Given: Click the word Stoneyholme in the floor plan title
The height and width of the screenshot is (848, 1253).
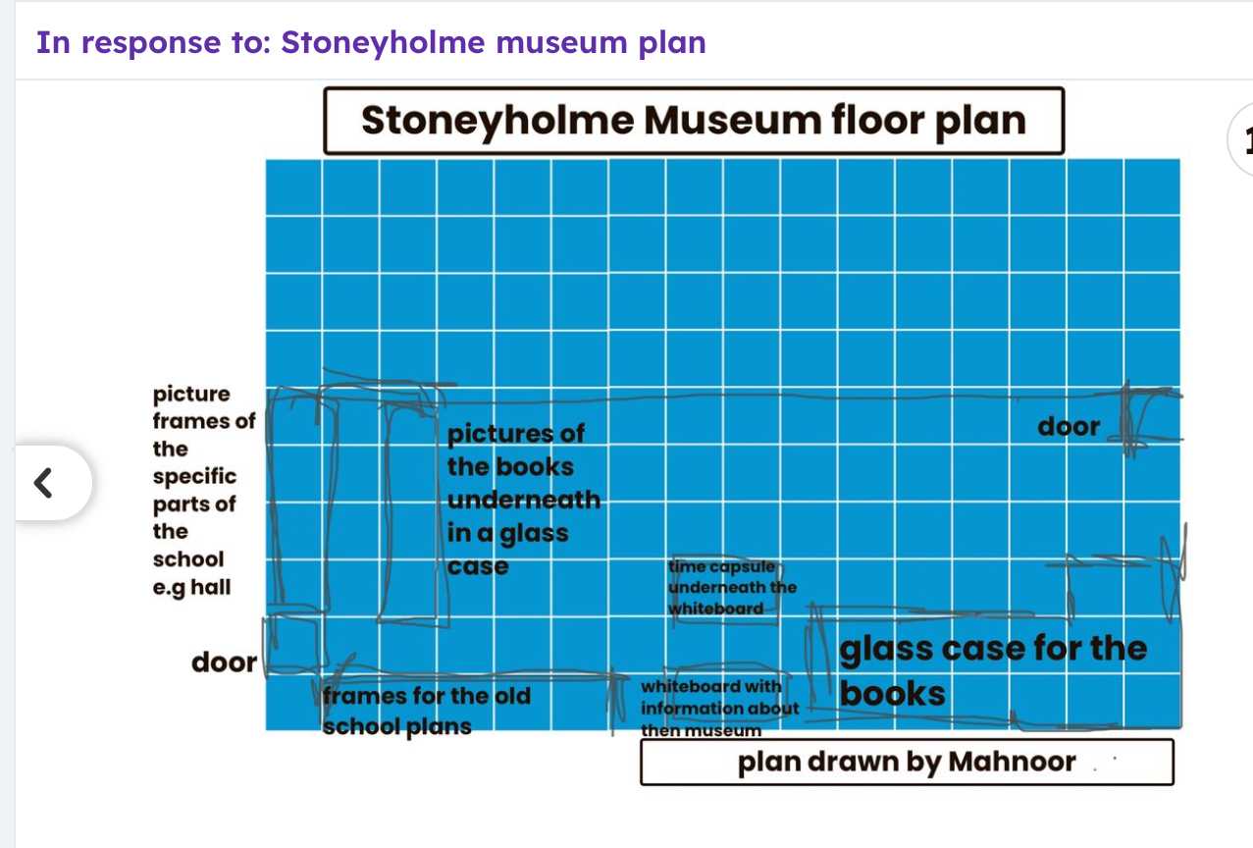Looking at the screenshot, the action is click(497, 122).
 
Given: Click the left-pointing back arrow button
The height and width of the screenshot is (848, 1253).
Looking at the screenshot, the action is click(43, 483).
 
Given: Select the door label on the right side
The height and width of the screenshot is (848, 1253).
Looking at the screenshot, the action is click(1069, 427).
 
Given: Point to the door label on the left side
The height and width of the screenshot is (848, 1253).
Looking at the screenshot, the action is click(224, 662).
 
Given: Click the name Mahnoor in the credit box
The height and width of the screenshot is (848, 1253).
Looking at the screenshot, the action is click(1012, 762).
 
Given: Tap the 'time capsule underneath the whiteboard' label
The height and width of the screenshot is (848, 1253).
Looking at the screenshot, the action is click(732, 587).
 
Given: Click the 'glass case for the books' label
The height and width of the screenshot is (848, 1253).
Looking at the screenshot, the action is click(993, 670).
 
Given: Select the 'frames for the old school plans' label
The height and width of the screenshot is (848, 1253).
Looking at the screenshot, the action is click(426, 711).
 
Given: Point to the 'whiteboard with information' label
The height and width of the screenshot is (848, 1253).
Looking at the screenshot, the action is click(720, 709).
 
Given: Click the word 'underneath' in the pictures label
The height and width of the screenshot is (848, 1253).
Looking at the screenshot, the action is click(524, 500).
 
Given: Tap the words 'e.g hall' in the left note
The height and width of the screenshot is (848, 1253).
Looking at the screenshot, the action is click(191, 587).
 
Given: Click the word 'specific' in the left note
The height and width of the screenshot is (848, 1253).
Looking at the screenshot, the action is click(194, 477).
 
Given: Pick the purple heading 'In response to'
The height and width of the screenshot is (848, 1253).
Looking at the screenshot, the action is click(153, 43).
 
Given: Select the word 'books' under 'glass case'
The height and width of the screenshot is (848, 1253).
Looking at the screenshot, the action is click(892, 693).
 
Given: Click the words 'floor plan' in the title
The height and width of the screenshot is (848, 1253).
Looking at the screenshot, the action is click(928, 122).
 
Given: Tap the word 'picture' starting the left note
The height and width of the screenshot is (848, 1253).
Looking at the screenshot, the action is click(191, 395).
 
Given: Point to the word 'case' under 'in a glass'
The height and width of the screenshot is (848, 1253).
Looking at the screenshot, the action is click(478, 566).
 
